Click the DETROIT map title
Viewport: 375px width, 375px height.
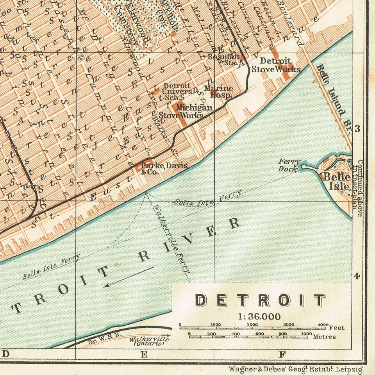click(260, 300)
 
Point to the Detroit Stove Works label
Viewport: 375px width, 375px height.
click(275, 65)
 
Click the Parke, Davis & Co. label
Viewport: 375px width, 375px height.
click(164, 168)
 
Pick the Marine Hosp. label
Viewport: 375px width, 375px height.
click(218, 91)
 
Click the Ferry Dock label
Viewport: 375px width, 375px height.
click(289, 165)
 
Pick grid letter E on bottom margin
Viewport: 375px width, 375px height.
click(144, 354)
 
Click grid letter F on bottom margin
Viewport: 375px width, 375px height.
click(282, 354)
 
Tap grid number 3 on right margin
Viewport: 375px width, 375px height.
click(357, 129)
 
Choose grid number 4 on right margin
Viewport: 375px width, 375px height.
click(357, 276)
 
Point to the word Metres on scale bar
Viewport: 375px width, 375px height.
click(324, 336)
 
